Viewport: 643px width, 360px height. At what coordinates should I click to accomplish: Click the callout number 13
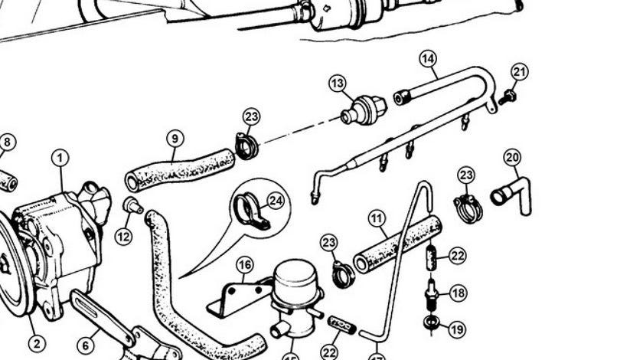(x=338, y=83)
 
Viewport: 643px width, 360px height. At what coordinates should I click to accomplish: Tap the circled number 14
(x=428, y=58)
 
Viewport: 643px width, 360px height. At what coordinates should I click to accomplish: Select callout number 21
(x=520, y=73)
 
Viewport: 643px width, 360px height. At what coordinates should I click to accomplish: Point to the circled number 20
(x=512, y=159)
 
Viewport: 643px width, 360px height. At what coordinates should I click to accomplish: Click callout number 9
(x=175, y=139)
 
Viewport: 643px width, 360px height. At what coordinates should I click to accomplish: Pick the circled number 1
(x=60, y=159)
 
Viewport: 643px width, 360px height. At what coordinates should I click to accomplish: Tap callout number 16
(x=244, y=266)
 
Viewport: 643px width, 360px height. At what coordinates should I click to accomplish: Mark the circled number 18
(x=458, y=293)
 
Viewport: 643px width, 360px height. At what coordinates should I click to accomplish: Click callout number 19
(x=457, y=330)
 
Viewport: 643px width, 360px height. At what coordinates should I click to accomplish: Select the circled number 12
(x=123, y=237)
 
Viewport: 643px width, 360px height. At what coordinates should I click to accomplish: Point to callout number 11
(x=377, y=220)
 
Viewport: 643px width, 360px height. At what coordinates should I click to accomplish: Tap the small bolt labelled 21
(x=506, y=97)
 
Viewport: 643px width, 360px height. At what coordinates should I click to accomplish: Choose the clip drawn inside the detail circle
(x=250, y=212)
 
